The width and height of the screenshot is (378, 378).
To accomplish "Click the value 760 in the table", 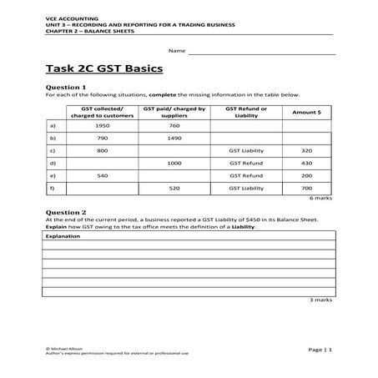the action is click(x=174, y=126).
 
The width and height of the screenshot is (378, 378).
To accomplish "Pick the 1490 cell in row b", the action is click(x=174, y=139).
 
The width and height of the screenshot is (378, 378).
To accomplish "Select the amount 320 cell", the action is click(x=306, y=151).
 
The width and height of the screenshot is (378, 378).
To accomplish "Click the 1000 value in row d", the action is click(x=174, y=164).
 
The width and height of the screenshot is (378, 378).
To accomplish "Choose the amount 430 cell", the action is click(x=306, y=164).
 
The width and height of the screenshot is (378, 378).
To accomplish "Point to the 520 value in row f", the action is click(x=174, y=189).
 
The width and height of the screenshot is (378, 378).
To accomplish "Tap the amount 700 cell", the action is click(x=306, y=189).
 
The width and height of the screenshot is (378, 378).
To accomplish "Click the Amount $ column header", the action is click(x=306, y=112).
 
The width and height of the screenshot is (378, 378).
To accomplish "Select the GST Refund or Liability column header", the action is click(x=246, y=112).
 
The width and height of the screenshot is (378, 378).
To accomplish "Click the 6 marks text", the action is click(x=321, y=199).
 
